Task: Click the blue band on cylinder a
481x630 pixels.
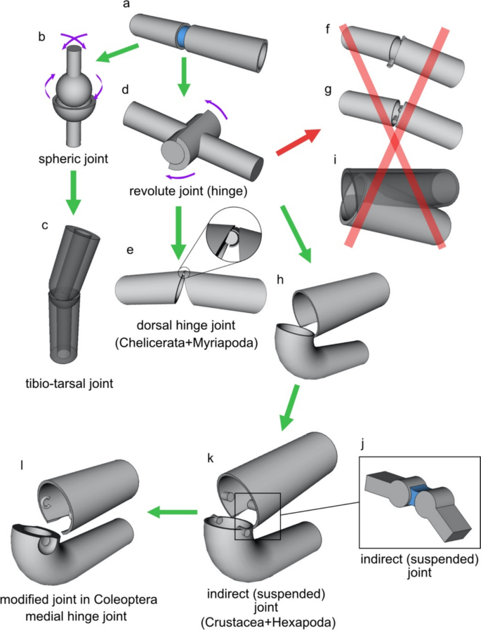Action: point(183,36)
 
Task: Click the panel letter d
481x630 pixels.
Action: point(125,91)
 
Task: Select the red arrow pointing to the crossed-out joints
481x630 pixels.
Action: point(296,142)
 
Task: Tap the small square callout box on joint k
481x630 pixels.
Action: point(257,516)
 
